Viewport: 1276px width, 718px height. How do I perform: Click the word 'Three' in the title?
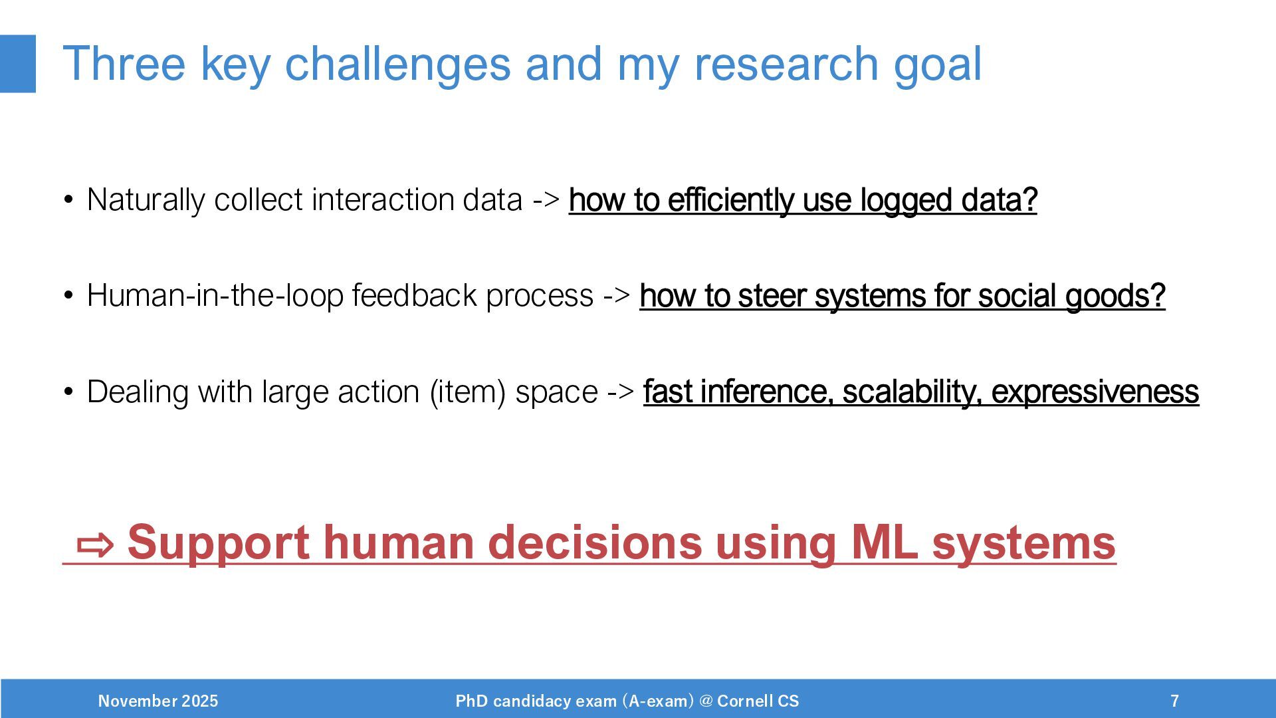[124, 64]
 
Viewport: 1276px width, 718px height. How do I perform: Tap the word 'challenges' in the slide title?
[397, 64]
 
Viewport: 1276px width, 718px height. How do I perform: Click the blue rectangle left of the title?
[18, 64]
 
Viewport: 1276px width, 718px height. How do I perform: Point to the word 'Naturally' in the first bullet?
[146, 200]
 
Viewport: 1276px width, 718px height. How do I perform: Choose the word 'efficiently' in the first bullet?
[730, 200]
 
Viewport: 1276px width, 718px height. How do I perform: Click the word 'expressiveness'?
[1095, 392]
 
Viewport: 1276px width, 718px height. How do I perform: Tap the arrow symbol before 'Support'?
[96, 544]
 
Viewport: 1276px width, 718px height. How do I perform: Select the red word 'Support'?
[218, 543]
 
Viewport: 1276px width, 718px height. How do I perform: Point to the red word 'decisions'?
[595, 542]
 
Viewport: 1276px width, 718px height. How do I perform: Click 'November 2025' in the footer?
[158, 701]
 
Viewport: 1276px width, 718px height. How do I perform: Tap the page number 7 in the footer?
[1175, 701]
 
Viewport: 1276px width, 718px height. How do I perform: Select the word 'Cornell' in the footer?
[745, 701]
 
